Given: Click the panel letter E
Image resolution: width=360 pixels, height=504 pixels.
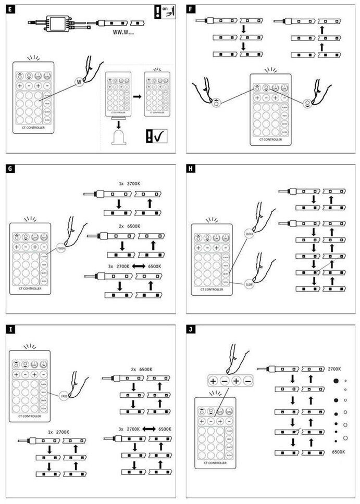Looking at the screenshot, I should (x=10, y=9).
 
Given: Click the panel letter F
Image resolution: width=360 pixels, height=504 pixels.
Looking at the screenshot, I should (x=191, y=9).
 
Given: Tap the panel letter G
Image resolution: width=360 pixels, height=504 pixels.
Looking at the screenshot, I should (x=10, y=169).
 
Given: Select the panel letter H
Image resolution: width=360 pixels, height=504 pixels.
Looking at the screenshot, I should (x=191, y=169).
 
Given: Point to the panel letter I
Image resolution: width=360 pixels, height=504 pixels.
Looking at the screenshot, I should (x=10, y=330).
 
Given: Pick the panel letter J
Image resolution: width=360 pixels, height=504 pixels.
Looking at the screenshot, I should (x=191, y=330).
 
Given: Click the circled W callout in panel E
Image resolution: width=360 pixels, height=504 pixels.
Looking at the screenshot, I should (x=79, y=81).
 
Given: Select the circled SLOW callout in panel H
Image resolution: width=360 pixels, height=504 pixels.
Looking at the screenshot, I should (x=248, y=284).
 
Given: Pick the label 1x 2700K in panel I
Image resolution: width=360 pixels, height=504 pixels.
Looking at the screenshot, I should (x=58, y=432).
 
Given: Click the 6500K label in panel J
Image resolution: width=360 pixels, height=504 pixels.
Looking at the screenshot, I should (x=338, y=452).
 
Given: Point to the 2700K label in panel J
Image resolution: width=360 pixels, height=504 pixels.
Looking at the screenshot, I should (x=334, y=369).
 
